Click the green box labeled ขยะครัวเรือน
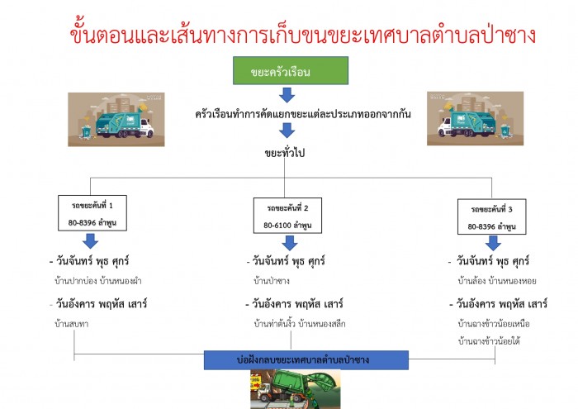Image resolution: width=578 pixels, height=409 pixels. pos(291,70)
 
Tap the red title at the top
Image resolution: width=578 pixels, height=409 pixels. pos(302,34)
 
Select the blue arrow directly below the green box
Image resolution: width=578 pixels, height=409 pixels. pos(287,95)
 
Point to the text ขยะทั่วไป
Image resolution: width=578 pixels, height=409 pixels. pos(285,152)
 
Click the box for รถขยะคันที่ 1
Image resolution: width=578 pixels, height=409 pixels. pos(92,213)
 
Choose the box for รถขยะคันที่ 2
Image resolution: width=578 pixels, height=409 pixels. pos(287,216)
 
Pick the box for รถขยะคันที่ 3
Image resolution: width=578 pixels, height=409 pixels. pos(492,216)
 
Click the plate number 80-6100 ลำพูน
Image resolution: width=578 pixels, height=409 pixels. pos(287,225)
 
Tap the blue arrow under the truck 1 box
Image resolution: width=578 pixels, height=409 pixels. pos(90,240)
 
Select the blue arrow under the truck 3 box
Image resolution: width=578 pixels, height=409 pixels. pos(493,243)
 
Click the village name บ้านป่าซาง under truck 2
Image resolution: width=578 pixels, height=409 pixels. pos(272,281)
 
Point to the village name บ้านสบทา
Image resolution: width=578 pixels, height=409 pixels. pos(72,324)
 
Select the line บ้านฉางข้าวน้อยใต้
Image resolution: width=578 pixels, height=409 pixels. pos(489,341)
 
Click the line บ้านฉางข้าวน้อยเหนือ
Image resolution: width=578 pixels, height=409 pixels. pos(494,324)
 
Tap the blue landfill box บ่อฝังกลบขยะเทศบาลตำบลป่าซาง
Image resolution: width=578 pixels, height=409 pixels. pos(306,360)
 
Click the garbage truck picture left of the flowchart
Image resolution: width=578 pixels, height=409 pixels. pos(116,120)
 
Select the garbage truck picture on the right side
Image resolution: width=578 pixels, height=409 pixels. pos(475,118)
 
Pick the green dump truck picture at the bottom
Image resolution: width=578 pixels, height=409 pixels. pos(296,389)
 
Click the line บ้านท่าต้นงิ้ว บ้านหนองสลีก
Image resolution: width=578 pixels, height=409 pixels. pos(300,324)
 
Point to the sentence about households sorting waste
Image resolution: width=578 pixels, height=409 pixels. pos(303,114)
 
